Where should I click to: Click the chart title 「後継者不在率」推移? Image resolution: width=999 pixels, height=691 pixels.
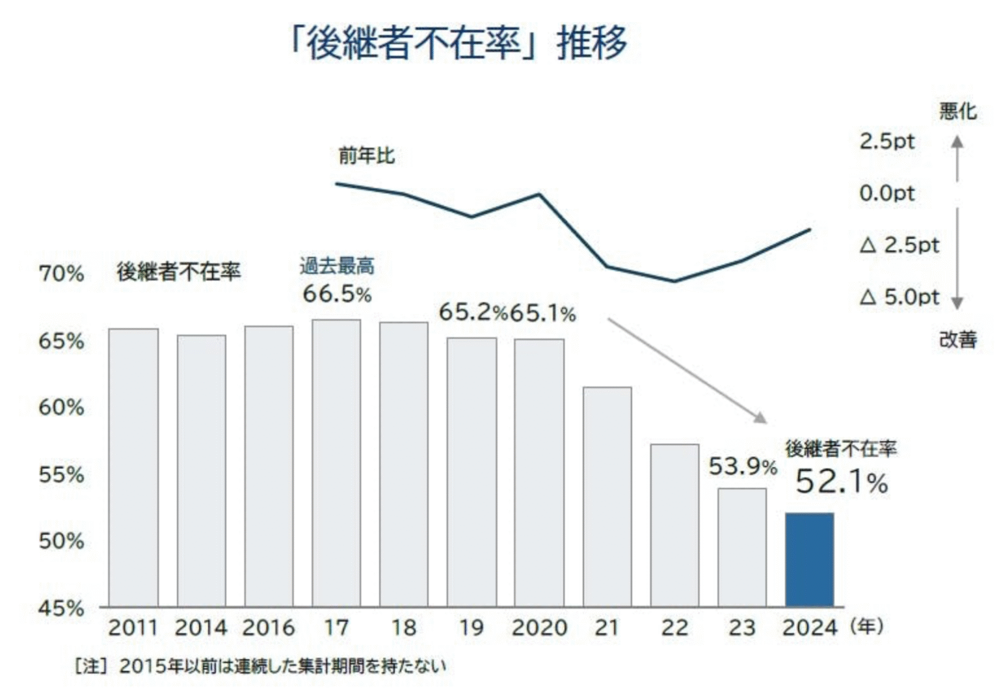(x=458, y=43)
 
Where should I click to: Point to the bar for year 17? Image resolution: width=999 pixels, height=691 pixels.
(x=336, y=463)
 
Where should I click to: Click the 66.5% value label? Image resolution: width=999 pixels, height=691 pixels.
(x=337, y=294)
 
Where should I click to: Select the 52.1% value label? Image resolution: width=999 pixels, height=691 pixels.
(x=841, y=482)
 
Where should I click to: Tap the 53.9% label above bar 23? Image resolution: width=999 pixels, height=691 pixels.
(x=742, y=466)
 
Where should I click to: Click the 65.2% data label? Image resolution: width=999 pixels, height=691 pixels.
(x=473, y=312)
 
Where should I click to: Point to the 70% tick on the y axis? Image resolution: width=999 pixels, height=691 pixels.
(x=61, y=273)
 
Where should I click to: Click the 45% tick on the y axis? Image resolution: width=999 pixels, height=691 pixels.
(x=61, y=608)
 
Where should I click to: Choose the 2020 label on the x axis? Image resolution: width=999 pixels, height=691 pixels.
(x=539, y=628)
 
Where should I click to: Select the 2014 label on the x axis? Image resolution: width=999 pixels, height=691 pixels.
(x=201, y=628)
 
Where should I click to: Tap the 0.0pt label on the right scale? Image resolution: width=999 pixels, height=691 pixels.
(x=886, y=193)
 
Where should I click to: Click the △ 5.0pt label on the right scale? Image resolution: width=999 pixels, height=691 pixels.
(x=899, y=297)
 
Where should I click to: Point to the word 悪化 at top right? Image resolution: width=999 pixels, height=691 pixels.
(x=957, y=111)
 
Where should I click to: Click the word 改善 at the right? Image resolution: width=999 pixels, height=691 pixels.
(x=957, y=340)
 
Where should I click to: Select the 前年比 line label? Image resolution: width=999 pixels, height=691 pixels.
(x=366, y=156)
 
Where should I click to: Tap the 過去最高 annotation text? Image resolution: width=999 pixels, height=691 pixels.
(x=337, y=265)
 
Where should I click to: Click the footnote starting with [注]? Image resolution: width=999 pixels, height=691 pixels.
(x=261, y=666)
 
